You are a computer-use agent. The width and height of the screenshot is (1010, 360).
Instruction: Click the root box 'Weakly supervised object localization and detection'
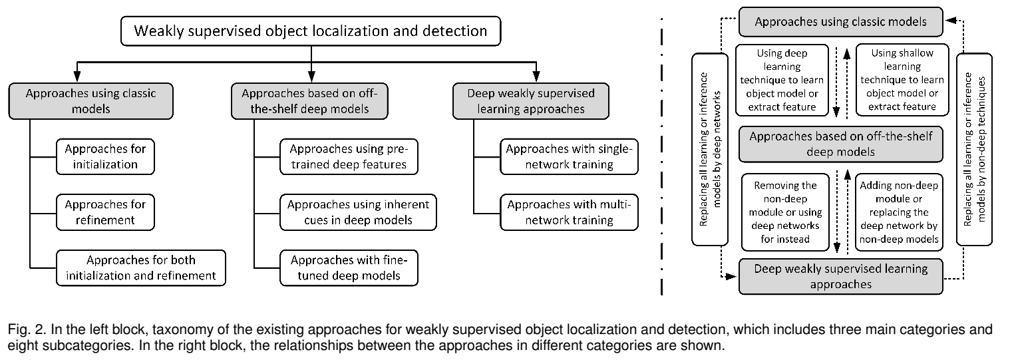[x=311, y=31]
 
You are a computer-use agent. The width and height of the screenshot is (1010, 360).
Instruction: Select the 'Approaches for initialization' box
[x=106, y=156]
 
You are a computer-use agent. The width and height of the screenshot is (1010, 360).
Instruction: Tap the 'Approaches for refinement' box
[x=106, y=211]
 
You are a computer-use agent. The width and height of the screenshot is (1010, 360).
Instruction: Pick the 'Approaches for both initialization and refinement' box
[x=141, y=267]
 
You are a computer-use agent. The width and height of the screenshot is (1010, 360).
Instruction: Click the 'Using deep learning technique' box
[x=782, y=79]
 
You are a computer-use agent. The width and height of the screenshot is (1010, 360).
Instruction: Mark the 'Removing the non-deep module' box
[x=782, y=212]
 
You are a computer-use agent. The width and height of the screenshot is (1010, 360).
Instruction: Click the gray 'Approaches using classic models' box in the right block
[x=840, y=22]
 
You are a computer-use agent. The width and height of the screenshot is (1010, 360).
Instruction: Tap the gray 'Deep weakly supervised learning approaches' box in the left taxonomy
[x=532, y=101]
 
